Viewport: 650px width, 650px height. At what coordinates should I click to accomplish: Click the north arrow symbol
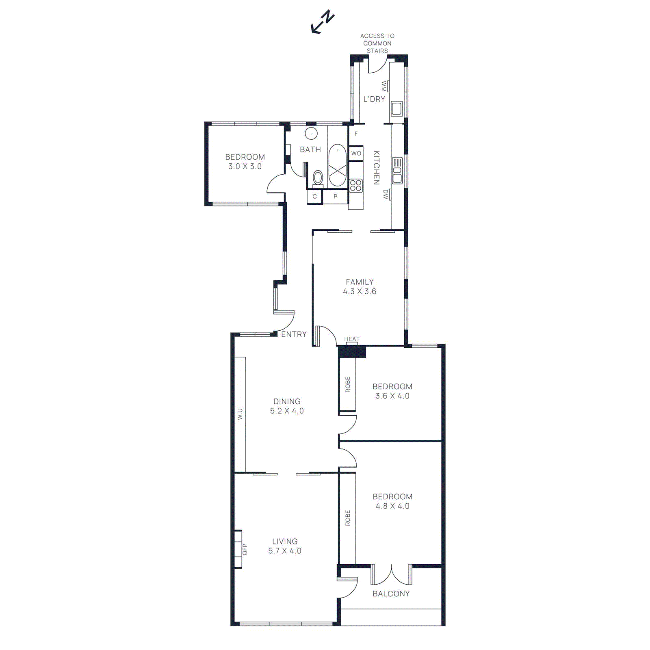(322, 23)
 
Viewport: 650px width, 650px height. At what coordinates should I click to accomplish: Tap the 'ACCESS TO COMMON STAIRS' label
(377, 43)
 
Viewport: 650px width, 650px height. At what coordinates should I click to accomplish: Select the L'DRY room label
(374, 99)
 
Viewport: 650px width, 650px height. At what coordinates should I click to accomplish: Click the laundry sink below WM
(396, 109)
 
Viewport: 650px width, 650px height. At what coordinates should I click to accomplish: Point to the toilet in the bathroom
(318, 178)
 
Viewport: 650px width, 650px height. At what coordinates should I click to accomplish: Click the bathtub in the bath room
(337, 165)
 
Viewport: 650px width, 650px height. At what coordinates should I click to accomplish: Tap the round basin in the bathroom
(311, 133)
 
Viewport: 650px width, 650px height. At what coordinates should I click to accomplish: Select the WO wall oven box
(356, 153)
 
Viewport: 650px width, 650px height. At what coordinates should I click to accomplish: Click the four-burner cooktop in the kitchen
(356, 186)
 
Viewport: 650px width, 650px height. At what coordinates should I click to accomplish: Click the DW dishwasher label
(386, 195)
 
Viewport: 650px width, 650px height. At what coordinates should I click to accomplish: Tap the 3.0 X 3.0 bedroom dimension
(245, 167)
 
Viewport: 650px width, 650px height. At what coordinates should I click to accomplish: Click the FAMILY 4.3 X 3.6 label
(360, 287)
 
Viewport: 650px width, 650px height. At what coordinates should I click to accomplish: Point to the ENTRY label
(294, 334)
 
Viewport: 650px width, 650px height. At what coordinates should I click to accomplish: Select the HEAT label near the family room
(352, 339)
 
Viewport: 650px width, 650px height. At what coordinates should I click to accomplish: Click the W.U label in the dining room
(240, 414)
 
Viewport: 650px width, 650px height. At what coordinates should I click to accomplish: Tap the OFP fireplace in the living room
(240, 549)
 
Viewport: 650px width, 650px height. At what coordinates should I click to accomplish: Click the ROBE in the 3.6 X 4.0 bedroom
(348, 384)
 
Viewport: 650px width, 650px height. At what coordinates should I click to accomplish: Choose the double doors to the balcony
(391, 574)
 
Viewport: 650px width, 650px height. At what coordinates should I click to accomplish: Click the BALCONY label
(391, 594)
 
